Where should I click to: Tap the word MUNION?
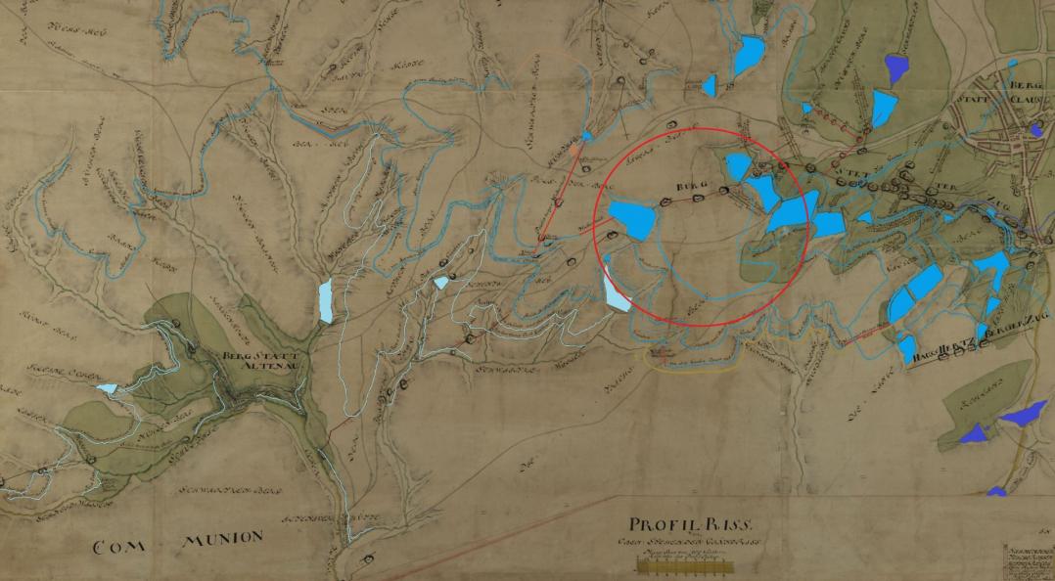point(223,538)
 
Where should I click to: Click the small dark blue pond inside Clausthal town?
point(1035,129)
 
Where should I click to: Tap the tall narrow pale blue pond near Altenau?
point(325,301)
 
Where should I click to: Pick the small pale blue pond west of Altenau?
point(107,388)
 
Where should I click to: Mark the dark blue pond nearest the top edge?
point(897,67)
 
